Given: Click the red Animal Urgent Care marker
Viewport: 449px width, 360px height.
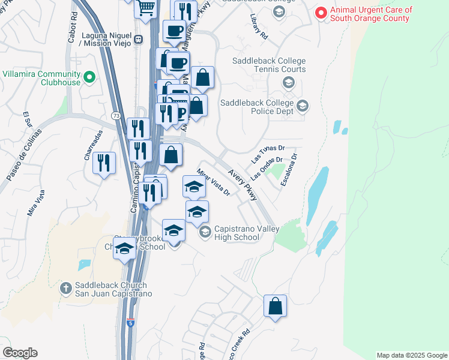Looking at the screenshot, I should click(321, 12).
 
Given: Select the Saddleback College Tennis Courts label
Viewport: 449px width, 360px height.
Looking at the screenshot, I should click(263, 65).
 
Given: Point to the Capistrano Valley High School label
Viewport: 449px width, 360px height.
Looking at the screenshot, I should click(237, 232).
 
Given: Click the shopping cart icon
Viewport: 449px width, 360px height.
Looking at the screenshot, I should click(145, 8).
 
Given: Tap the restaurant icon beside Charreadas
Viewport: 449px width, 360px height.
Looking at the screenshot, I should click(104, 163).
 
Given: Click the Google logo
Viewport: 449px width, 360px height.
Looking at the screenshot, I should click(20, 353).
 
